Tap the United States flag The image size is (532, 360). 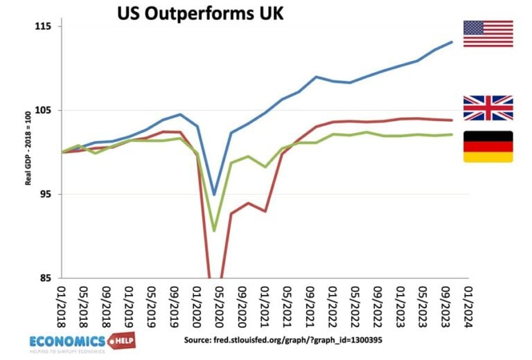click(488, 34)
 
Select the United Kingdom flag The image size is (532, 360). click(488, 108)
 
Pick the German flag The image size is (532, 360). click(488, 147)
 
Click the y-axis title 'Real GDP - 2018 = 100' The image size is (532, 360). click(28, 152)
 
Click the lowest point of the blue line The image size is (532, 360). click(215, 195)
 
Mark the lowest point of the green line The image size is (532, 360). click(215, 231)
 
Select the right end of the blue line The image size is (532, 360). click(452, 42)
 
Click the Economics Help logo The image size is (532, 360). click(82, 341)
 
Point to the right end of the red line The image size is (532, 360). click(452, 120)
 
